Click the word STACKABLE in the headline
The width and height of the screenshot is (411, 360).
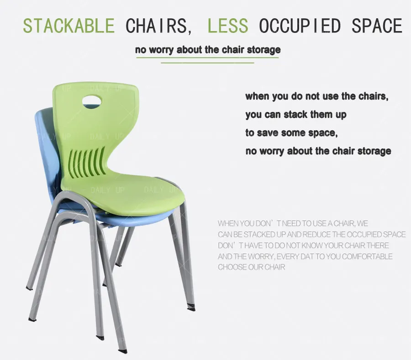(x=68, y=26)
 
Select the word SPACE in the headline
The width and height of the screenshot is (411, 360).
(x=377, y=26)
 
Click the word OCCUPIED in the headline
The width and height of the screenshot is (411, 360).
(x=300, y=26)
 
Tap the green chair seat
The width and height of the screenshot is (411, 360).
(x=146, y=194)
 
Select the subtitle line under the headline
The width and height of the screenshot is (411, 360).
(x=208, y=49)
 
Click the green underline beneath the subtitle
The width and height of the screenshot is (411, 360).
(x=208, y=62)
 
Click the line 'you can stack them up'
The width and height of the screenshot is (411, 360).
(x=295, y=114)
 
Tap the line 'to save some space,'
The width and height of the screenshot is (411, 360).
(x=291, y=132)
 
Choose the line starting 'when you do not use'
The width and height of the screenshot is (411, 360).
(x=319, y=96)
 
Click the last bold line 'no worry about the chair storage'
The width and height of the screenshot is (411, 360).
(x=318, y=151)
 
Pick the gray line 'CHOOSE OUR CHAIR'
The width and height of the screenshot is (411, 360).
(x=251, y=267)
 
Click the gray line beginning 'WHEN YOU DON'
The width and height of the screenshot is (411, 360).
(x=293, y=224)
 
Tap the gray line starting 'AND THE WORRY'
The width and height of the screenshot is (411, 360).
(x=305, y=256)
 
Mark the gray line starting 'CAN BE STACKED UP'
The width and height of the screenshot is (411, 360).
(x=311, y=235)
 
